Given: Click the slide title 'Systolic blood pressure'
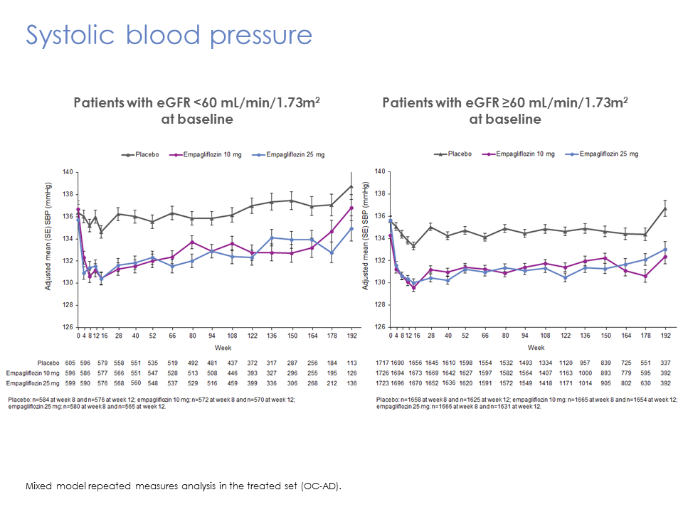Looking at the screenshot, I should (169, 35).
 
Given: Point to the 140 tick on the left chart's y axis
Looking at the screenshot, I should (68, 172).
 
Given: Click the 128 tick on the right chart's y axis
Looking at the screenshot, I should (379, 305).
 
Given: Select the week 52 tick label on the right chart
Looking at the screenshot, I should (465, 335).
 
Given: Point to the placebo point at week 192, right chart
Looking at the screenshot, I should (665, 208).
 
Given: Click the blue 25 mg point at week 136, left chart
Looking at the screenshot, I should (271, 238).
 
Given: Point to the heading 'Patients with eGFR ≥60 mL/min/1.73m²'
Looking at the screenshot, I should (504, 103).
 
